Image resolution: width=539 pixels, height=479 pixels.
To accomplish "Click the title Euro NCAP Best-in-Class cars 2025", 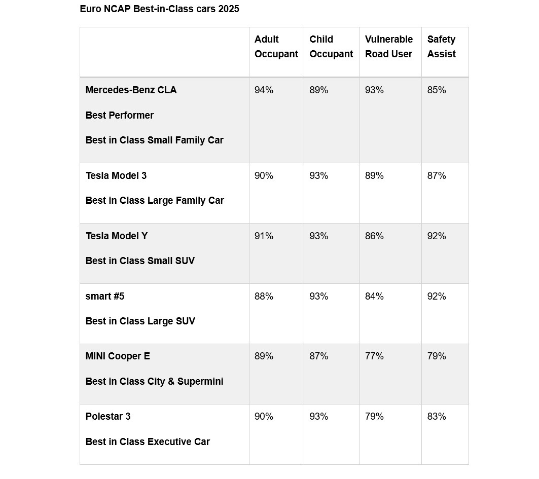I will click(x=159, y=9).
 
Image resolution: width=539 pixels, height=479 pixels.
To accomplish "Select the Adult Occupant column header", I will click(x=276, y=47).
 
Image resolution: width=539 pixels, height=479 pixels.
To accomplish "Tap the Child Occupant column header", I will click(x=331, y=47).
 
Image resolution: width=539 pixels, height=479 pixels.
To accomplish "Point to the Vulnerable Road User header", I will click(x=389, y=47).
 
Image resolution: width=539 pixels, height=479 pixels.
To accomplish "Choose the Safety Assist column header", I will click(x=441, y=47).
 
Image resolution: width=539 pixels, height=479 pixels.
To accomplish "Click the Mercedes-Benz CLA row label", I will click(x=131, y=90).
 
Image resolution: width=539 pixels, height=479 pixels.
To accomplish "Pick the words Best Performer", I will click(x=119, y=115).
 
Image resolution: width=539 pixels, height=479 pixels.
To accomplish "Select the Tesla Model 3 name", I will click(x=116, y=176).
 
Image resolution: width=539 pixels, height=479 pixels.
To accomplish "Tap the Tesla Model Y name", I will click(x=116, y=236).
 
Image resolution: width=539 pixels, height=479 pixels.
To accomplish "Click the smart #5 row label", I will click(x=104, y=297).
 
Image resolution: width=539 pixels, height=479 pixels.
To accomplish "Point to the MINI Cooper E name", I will click(x=118, y=356).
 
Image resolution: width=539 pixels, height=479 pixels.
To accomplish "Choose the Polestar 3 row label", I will click(x=107, y=417).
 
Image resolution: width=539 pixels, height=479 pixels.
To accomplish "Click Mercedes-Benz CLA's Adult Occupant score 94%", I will click(x=264, y=90).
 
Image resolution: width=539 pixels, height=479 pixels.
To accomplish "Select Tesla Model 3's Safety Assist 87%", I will click(x=437, y=176).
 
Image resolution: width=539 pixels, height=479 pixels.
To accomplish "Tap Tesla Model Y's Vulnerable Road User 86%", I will click(x=374, y=236).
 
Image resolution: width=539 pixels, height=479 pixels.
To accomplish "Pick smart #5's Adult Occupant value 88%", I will click(x=264, y=297).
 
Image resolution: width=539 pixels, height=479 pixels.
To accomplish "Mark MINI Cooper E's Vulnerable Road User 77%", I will click(x=374, y=356).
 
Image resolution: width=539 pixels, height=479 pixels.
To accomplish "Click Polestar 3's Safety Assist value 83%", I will click(x=437, y=417).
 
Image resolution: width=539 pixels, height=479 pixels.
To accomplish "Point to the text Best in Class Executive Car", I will click(x=148, y=442).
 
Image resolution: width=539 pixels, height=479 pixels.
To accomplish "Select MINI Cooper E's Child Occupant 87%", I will click(x=319, y=356).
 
